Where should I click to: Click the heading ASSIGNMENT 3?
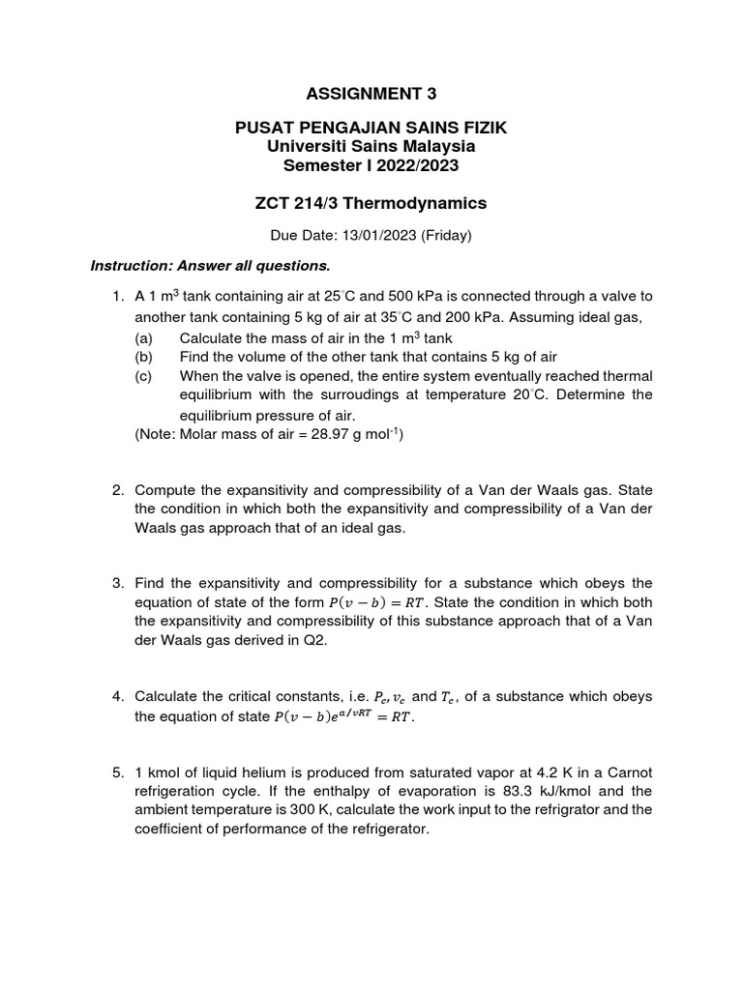pyautogui.click(x=371, y=94)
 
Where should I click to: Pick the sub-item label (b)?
pyautogui.click(x=144, y=356)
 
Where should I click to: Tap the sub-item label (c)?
pyautogui.click(x=144, y=376)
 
